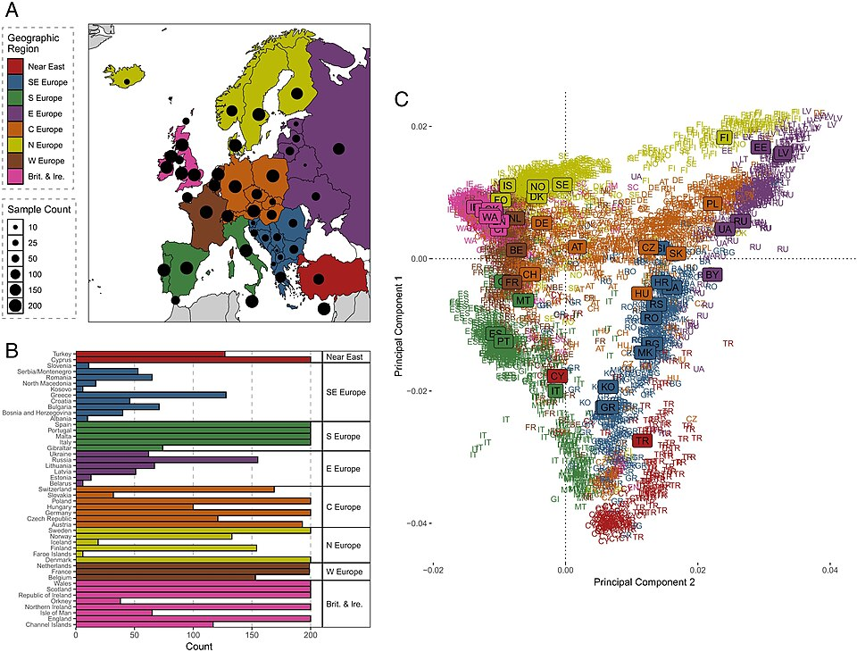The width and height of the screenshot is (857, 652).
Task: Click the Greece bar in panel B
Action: pyautogui.click(x=152, y=394)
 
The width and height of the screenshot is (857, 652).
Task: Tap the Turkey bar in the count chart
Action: pyautogui.click(x=151, y=354)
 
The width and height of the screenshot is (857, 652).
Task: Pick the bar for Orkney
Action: pyautogui.click(x=98, y=600)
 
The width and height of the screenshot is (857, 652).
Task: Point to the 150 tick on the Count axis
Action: pyautogui.click(x=253, y=636)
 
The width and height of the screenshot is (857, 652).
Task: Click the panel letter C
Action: pyautogui.click(x=402, y=98)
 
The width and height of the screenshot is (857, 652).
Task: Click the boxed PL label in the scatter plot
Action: pyautogui.click(x=711, y=204)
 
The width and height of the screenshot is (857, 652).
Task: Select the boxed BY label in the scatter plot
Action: pyautogui.click(x=711, y=274)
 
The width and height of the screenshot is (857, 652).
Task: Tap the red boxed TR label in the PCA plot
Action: pyautogui.click(x=641, y=440)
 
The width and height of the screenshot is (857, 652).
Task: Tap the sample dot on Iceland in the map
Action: pyautogui.click(x=127, y=81)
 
